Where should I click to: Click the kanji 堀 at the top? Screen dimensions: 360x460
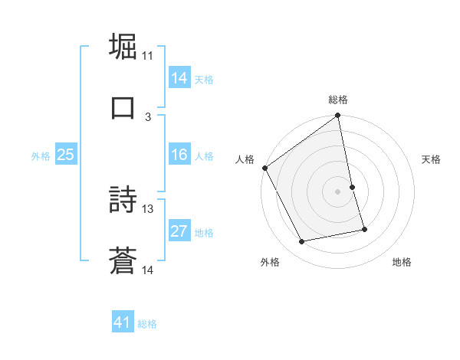(x=123, y=46)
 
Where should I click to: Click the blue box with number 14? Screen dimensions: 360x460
(x=179, y=77)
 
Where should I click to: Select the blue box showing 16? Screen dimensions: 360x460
(x=179, y=155)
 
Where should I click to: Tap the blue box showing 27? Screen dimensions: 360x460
(x=179, y=232)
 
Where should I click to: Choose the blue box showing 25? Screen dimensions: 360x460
(x=66, y=155)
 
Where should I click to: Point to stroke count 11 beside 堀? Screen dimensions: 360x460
(x=148, y=55)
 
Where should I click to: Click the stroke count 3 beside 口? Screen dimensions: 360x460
(x=148, y=116)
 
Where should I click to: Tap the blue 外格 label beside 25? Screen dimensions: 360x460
(x=41, y=156)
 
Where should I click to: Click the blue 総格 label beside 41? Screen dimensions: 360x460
(x=147, y=324)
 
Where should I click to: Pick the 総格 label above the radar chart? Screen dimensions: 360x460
(x=338, y=100)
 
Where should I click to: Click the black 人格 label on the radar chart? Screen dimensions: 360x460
(x=245, y=159)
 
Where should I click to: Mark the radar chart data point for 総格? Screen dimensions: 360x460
(x=338, y=116)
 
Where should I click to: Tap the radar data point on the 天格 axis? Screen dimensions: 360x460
(x=352, y=187)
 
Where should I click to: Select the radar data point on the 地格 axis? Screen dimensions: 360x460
(x=364, y=229)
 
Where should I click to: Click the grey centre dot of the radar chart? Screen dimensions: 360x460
(x=338, y=191)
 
